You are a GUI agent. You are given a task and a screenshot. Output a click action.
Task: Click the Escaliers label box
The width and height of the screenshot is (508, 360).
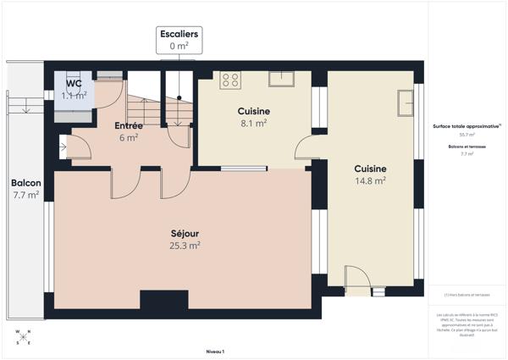point(179,41)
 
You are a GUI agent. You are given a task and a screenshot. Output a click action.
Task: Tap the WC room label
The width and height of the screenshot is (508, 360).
point(75,84)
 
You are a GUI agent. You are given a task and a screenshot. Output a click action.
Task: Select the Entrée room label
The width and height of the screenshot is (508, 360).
point(128,126)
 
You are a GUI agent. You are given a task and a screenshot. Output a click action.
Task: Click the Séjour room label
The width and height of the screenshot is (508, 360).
point(184,233)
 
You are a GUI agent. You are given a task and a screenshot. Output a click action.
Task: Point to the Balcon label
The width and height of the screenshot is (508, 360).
point(25,183)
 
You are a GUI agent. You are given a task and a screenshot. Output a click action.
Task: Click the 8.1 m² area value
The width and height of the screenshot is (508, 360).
point(253,123)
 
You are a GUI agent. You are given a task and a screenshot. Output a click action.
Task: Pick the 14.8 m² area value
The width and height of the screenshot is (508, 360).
point(370,180)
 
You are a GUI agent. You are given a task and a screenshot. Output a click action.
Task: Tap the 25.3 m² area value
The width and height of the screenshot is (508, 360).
point(184,246)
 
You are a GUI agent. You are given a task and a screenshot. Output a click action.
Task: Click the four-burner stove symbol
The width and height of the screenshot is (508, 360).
point(230,80)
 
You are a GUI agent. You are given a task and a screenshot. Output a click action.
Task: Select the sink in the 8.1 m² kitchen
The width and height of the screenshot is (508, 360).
point(281,79)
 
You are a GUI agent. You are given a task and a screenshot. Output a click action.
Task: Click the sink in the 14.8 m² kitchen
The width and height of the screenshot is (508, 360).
point(405,102)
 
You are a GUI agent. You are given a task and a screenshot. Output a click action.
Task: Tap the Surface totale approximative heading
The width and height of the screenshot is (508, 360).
point(467,126)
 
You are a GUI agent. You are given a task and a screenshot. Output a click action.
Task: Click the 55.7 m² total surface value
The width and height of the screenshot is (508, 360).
point(467,135)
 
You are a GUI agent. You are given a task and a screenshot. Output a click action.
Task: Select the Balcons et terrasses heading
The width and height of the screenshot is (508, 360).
point(467,147)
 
